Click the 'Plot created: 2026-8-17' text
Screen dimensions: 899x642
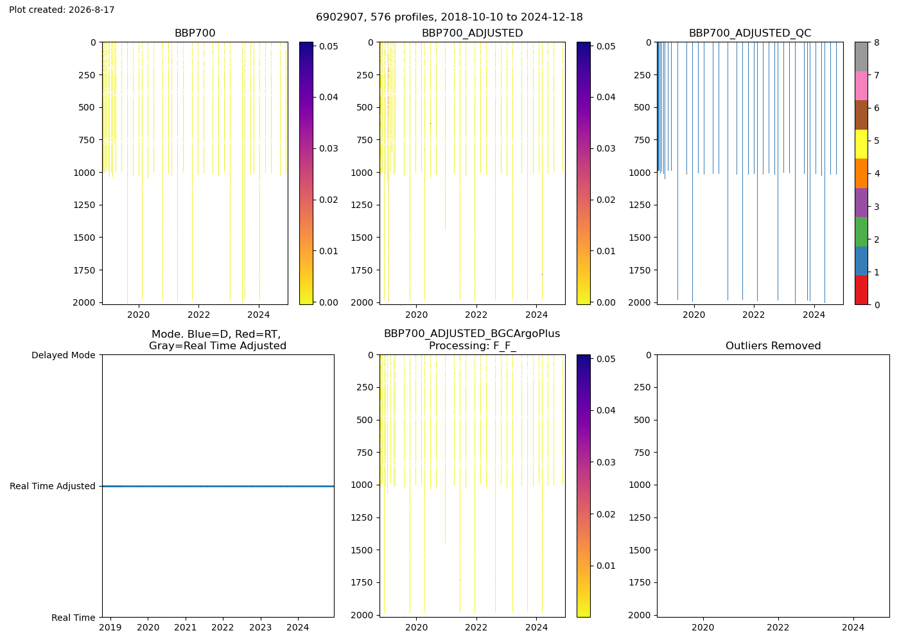point(62,10)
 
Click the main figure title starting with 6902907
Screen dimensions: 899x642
point(449,17)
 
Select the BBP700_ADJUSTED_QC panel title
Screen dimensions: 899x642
point(750,33)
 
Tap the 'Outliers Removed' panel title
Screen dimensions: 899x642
point(773,346)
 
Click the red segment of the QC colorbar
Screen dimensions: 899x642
point(861,290)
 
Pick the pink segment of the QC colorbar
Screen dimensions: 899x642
point(861,86)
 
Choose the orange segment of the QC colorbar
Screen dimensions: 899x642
point(861,173)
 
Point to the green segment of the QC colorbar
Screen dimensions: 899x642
point(861,232)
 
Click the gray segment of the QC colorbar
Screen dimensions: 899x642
point(861,56)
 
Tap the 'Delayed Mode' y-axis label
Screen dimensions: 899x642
point(64,355)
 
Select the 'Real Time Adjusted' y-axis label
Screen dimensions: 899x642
point(53,487)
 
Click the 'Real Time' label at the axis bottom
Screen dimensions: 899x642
point(73,618)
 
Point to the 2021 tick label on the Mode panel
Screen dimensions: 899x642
point(186,628)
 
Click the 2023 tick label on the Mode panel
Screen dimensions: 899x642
point(261,628)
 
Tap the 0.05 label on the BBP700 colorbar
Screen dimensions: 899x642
point(329,46)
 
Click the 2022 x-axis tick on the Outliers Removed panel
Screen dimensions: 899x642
point(778,628)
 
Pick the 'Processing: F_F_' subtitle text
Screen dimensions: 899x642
point(473,346)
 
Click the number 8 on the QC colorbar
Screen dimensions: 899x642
point(877,42)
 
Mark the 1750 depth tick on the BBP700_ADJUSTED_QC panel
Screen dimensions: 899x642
point(640,270)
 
